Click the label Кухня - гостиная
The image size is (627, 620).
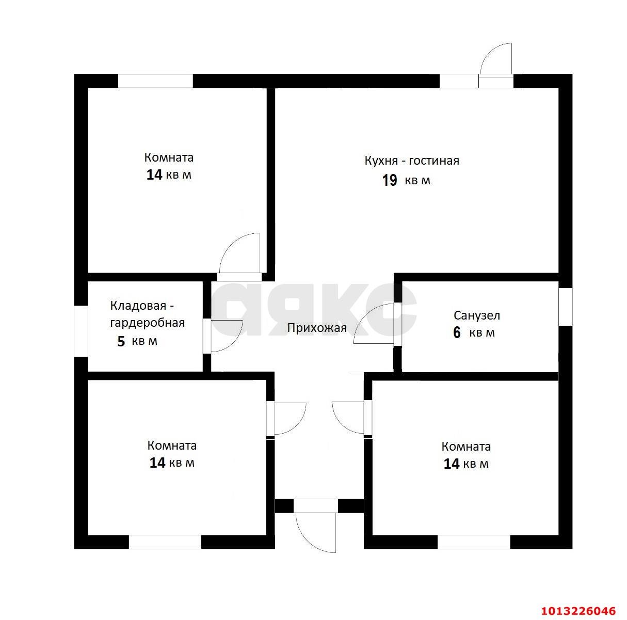click(412, 161)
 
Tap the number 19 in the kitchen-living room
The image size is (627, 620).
click(390, 180)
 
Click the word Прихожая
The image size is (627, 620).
click(316, 328)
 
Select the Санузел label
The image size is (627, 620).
click(477, 315)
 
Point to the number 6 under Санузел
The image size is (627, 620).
click(457, 332)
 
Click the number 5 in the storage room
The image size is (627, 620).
click(121, 341)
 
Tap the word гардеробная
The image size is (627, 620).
click(148, 323)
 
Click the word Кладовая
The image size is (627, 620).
click(138, 306)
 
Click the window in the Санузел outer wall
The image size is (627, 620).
click(566, 307)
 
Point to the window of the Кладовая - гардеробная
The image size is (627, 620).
click(81, 331)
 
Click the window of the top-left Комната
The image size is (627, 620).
click(155, 81)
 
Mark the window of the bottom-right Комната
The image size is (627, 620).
click(474, 542)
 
